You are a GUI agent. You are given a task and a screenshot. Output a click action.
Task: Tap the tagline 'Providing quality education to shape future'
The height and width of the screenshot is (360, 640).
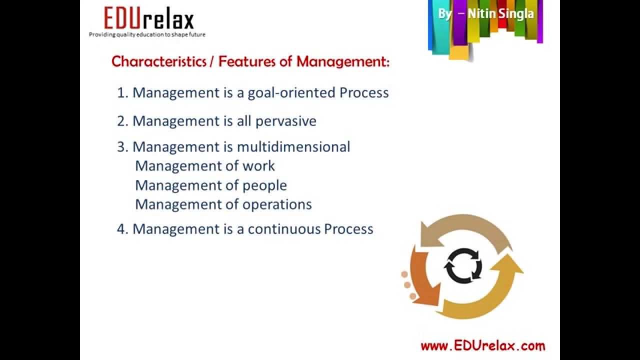coord(147,34)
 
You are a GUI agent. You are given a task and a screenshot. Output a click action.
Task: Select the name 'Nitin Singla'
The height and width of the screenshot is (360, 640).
coord(500,13)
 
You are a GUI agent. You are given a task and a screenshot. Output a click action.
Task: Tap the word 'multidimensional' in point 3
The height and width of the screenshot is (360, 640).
coord(293,147)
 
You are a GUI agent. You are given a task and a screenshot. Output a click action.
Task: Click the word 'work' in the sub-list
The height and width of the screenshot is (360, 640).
coord(258,166)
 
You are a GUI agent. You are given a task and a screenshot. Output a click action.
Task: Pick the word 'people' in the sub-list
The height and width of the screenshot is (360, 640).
coord(264,185)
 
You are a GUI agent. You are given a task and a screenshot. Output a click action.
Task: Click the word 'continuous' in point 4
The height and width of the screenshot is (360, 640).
coord(284,229)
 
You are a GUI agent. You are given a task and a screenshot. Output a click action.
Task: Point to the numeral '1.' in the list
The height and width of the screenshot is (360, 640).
coord(122,93)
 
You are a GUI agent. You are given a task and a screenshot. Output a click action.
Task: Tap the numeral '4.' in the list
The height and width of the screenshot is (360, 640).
coord(122,229)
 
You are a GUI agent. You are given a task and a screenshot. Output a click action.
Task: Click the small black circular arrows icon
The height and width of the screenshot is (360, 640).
coord(463,265)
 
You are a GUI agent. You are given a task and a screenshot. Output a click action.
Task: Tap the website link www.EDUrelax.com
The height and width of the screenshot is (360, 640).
coord(482,345)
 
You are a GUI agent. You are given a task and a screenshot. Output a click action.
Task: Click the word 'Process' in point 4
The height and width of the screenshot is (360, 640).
coord(348,229)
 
